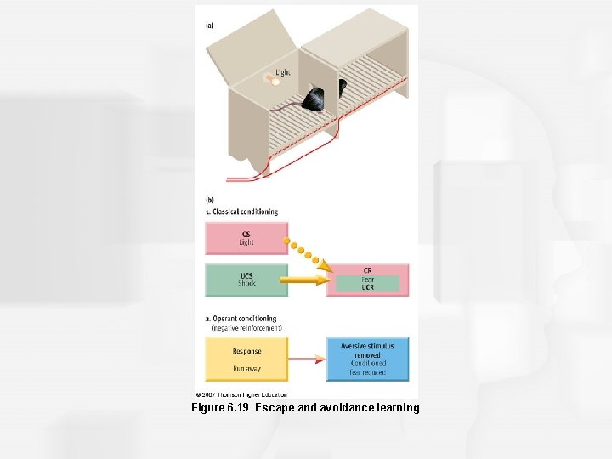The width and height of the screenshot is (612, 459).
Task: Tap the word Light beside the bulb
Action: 282,72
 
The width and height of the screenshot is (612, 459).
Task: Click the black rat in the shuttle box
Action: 314,99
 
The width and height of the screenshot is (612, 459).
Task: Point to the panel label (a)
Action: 209,25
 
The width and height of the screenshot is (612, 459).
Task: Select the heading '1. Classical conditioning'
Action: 241,212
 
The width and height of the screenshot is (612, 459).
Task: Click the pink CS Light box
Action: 246,238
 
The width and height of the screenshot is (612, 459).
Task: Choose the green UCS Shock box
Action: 246,280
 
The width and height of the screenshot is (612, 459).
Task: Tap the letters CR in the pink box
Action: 367,270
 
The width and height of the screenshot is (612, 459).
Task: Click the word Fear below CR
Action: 367,279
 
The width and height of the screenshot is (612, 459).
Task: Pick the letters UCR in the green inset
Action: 367,287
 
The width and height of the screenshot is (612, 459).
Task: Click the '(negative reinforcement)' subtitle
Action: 246,327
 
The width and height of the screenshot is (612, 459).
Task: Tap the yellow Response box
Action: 246,359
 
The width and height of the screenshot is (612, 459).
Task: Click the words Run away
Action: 246,368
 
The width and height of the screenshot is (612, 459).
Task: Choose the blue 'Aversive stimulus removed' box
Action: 367,359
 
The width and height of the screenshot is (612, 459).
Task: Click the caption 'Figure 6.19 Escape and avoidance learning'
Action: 305,408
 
